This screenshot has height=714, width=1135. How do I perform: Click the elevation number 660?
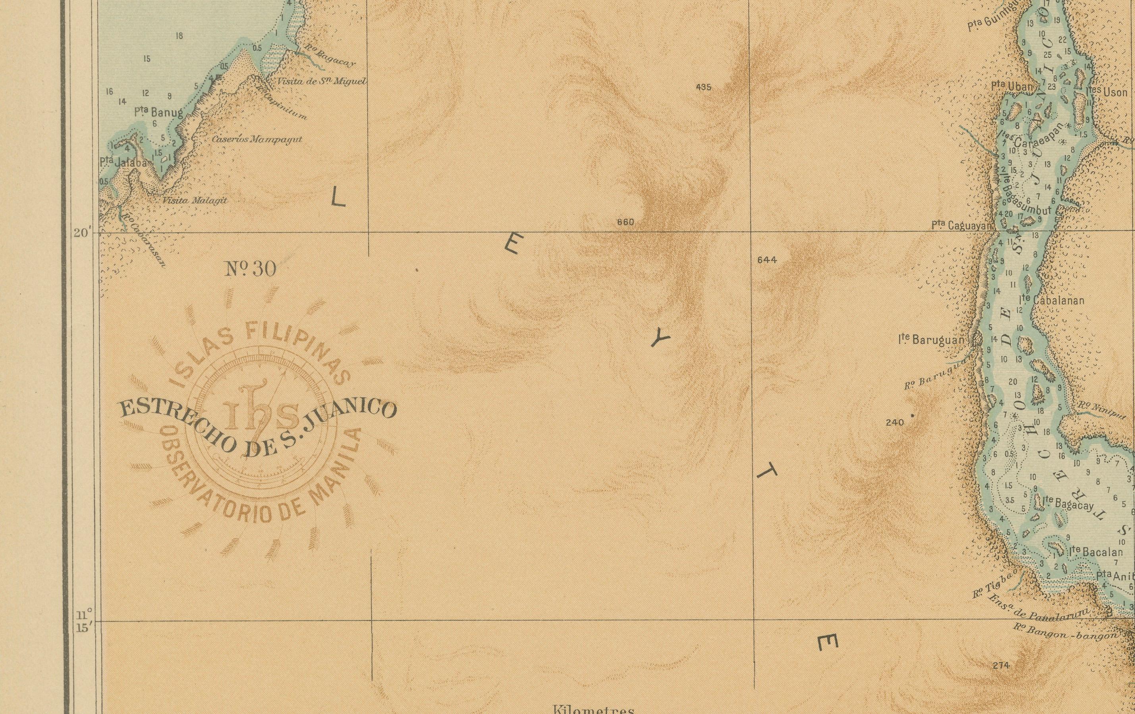pyautogui.click(x=625, y=222)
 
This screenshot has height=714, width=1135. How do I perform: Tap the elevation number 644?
pyautogui.click(x=767, y=260)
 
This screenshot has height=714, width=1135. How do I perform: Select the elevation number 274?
pyautogui.click(x=1001, y=666)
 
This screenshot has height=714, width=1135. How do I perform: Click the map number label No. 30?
pyautogui.click(x=251, y=269)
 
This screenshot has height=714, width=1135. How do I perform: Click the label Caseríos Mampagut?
pyautogui.click(x=257, y=139)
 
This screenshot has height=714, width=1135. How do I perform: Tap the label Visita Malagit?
pyautogui.click(x=195, y=200)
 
